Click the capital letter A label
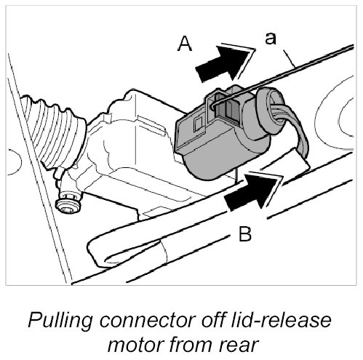pos(185,44)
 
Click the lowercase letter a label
pos(271,39)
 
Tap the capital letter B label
pos(245,234)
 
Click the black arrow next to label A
pos(224,63)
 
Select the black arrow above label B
pos(253,191)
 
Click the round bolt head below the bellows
pos(68,204)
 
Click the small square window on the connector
pos(197,124)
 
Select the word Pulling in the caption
pos(60,321)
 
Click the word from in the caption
pos(192,344)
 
